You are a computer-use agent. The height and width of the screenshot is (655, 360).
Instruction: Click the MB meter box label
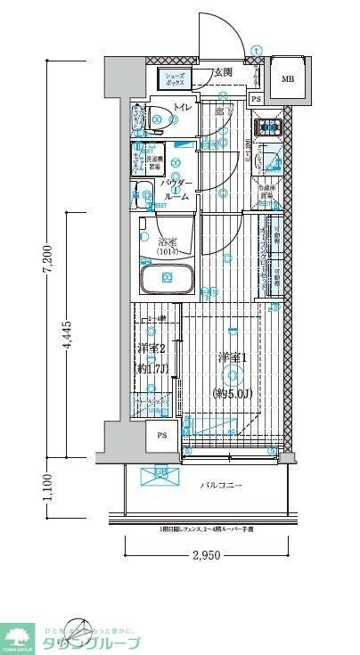tap(287, 79)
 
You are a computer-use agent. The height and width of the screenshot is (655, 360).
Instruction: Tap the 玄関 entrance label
tap(223, 72)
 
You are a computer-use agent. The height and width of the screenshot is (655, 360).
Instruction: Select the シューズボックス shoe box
tap(175, 79)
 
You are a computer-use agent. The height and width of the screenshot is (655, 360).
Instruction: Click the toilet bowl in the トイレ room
tap(159, 115)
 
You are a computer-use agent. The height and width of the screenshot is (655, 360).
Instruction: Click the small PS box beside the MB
tap(256, 99)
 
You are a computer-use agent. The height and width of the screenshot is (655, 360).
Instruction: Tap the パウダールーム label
tap(176, 191)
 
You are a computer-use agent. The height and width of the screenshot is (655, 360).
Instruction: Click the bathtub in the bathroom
tap(168, 279)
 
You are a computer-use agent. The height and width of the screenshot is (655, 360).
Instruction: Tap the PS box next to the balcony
tap(162, 436)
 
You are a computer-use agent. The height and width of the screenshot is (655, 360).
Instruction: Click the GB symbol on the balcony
tap(161, 473)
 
